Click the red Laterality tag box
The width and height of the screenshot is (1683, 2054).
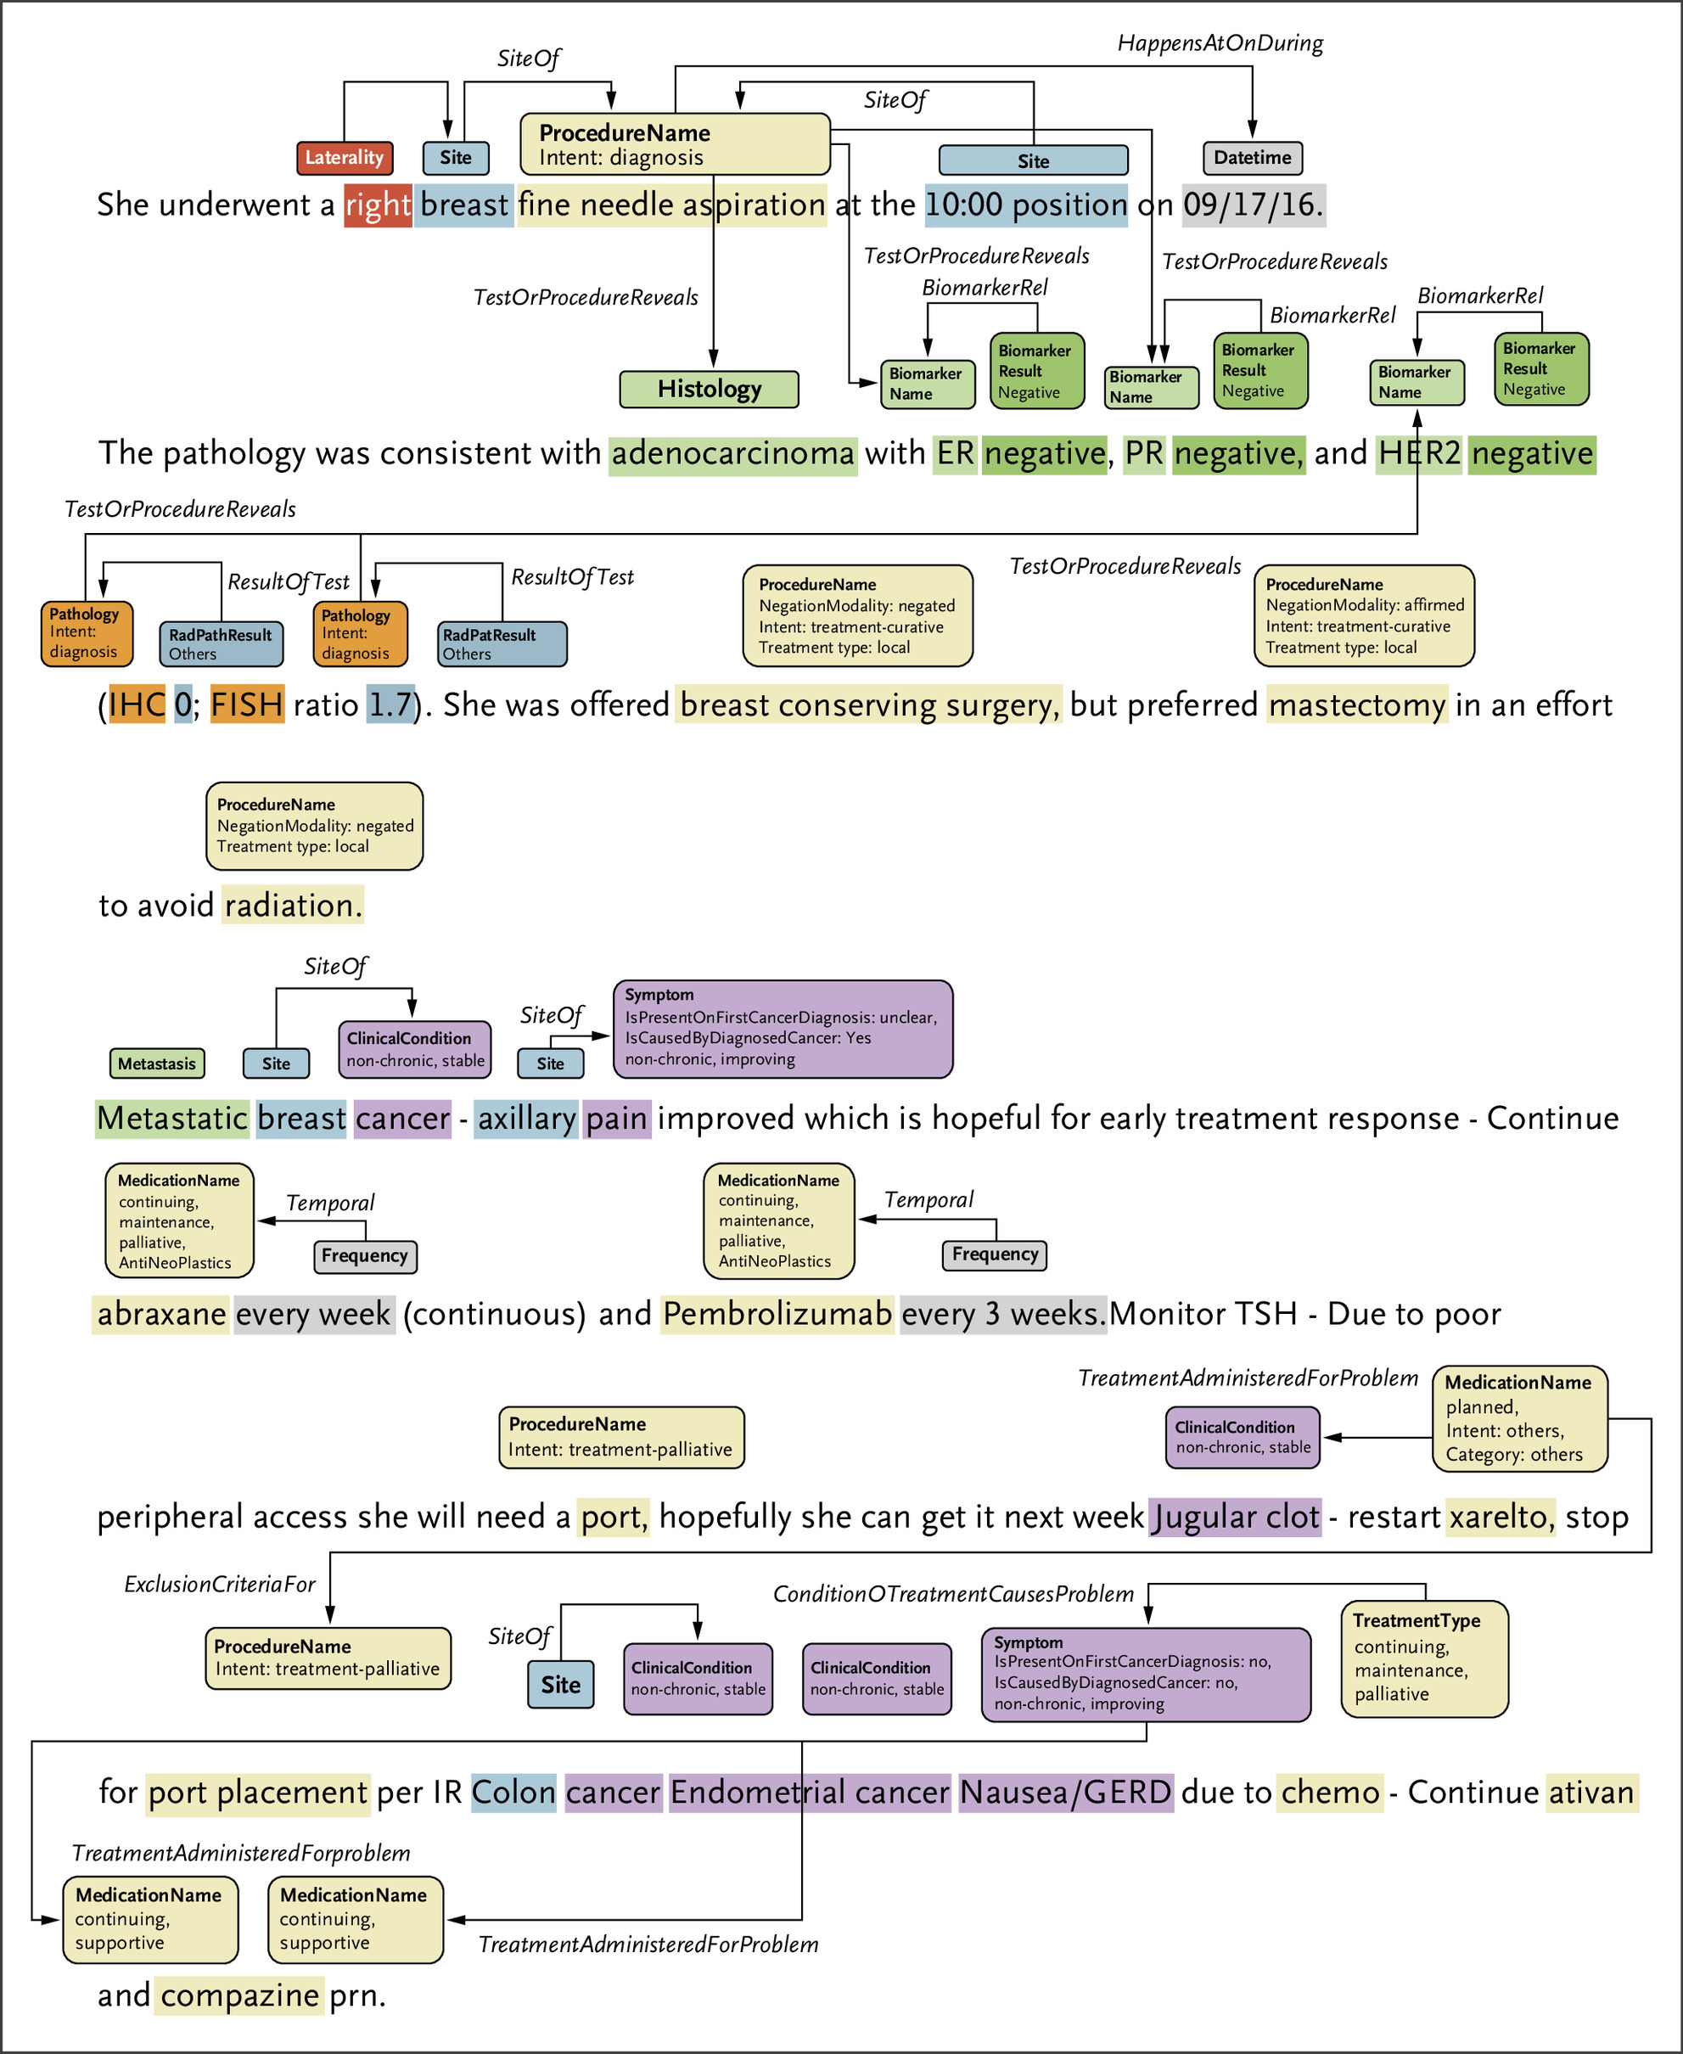click(x=345, y=157)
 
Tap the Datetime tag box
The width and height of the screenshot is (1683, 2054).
click(x=1252, y=157)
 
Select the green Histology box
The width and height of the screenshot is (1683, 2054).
click(x=709, y=389)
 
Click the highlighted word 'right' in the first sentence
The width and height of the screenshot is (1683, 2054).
click(x=378, y=205)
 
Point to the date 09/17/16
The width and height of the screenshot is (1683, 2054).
click(x=1252, y=205)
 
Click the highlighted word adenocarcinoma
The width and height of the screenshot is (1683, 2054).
click(x=733, y=453)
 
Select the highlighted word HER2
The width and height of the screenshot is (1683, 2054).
click(x=1419, y=453)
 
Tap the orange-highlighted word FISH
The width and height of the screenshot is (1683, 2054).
click(x=247, y=704)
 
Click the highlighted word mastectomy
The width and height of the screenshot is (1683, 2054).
click(x=1356, y=704)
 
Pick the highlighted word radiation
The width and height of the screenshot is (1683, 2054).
click(x=293, y=906)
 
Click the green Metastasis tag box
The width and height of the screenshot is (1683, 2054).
click(x=157, y=1063)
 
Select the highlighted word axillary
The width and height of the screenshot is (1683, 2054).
click(x=526, y=1119)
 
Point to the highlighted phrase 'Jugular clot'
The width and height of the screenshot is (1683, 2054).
click(x=1235, y=1516)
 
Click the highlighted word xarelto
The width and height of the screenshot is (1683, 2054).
click(x=1500, y=1516)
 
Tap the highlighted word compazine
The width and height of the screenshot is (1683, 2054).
click(x=239, y=1995)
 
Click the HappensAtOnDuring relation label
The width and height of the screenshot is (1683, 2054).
click(x=1220, y=43)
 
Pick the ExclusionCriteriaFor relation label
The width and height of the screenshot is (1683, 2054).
click(x=220, y=1584)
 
